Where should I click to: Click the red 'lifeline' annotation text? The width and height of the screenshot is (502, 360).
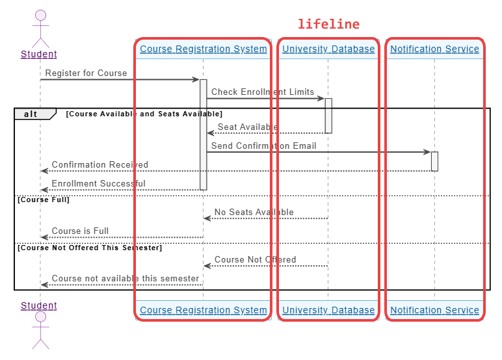(328, 24)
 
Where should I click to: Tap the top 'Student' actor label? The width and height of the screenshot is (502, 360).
(39, 55)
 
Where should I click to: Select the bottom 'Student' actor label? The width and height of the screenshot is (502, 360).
(39, 305)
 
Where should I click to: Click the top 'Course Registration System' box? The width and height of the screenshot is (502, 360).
(204, 49)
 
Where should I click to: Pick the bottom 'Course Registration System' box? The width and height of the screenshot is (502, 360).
(204, 310)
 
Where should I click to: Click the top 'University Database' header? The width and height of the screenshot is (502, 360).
(328, 49)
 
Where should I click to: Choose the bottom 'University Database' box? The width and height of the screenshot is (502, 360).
(328, 310)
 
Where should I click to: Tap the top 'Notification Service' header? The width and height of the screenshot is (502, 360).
(434, 49)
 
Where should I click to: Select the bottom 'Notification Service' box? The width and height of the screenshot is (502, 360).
(434, 310)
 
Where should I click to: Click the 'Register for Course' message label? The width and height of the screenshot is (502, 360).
(86, 73)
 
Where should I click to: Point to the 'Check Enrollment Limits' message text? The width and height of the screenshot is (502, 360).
(263, 92)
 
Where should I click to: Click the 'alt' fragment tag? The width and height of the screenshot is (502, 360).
(31, 114)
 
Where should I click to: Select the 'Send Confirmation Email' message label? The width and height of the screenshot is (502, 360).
(264, 146)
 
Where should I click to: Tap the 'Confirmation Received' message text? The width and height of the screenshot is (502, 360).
(100, 165)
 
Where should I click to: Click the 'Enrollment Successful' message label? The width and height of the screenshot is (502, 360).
(99, 184)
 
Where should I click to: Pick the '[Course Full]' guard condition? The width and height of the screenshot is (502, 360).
(44, 199)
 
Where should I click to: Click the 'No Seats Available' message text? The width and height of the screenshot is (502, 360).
(254, 212)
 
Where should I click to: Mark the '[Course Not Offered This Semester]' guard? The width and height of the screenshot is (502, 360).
(90, 248)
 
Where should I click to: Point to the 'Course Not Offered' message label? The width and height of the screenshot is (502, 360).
(256, 259)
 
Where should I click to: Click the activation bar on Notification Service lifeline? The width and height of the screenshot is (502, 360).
(434, 161)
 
